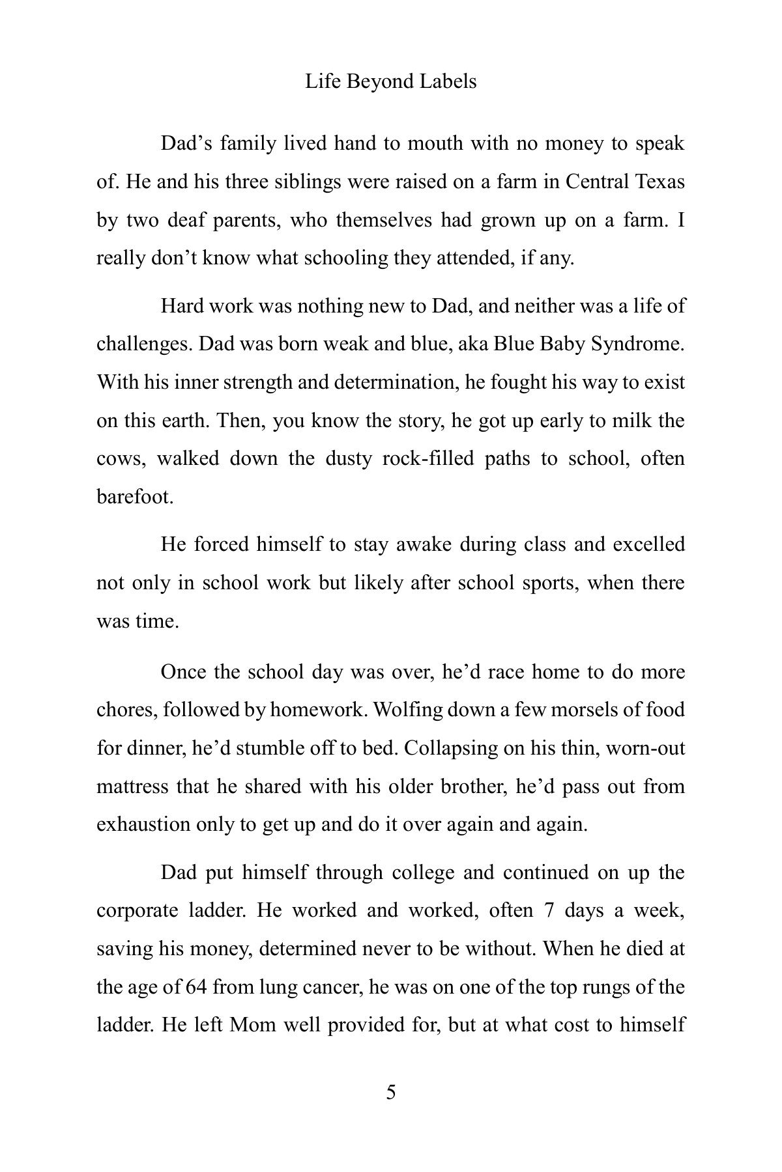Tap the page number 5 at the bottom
pos(391,1092)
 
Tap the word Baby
pos(563,344)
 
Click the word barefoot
pos(135,497)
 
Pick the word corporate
pos(138,911)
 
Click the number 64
pos(196,988)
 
